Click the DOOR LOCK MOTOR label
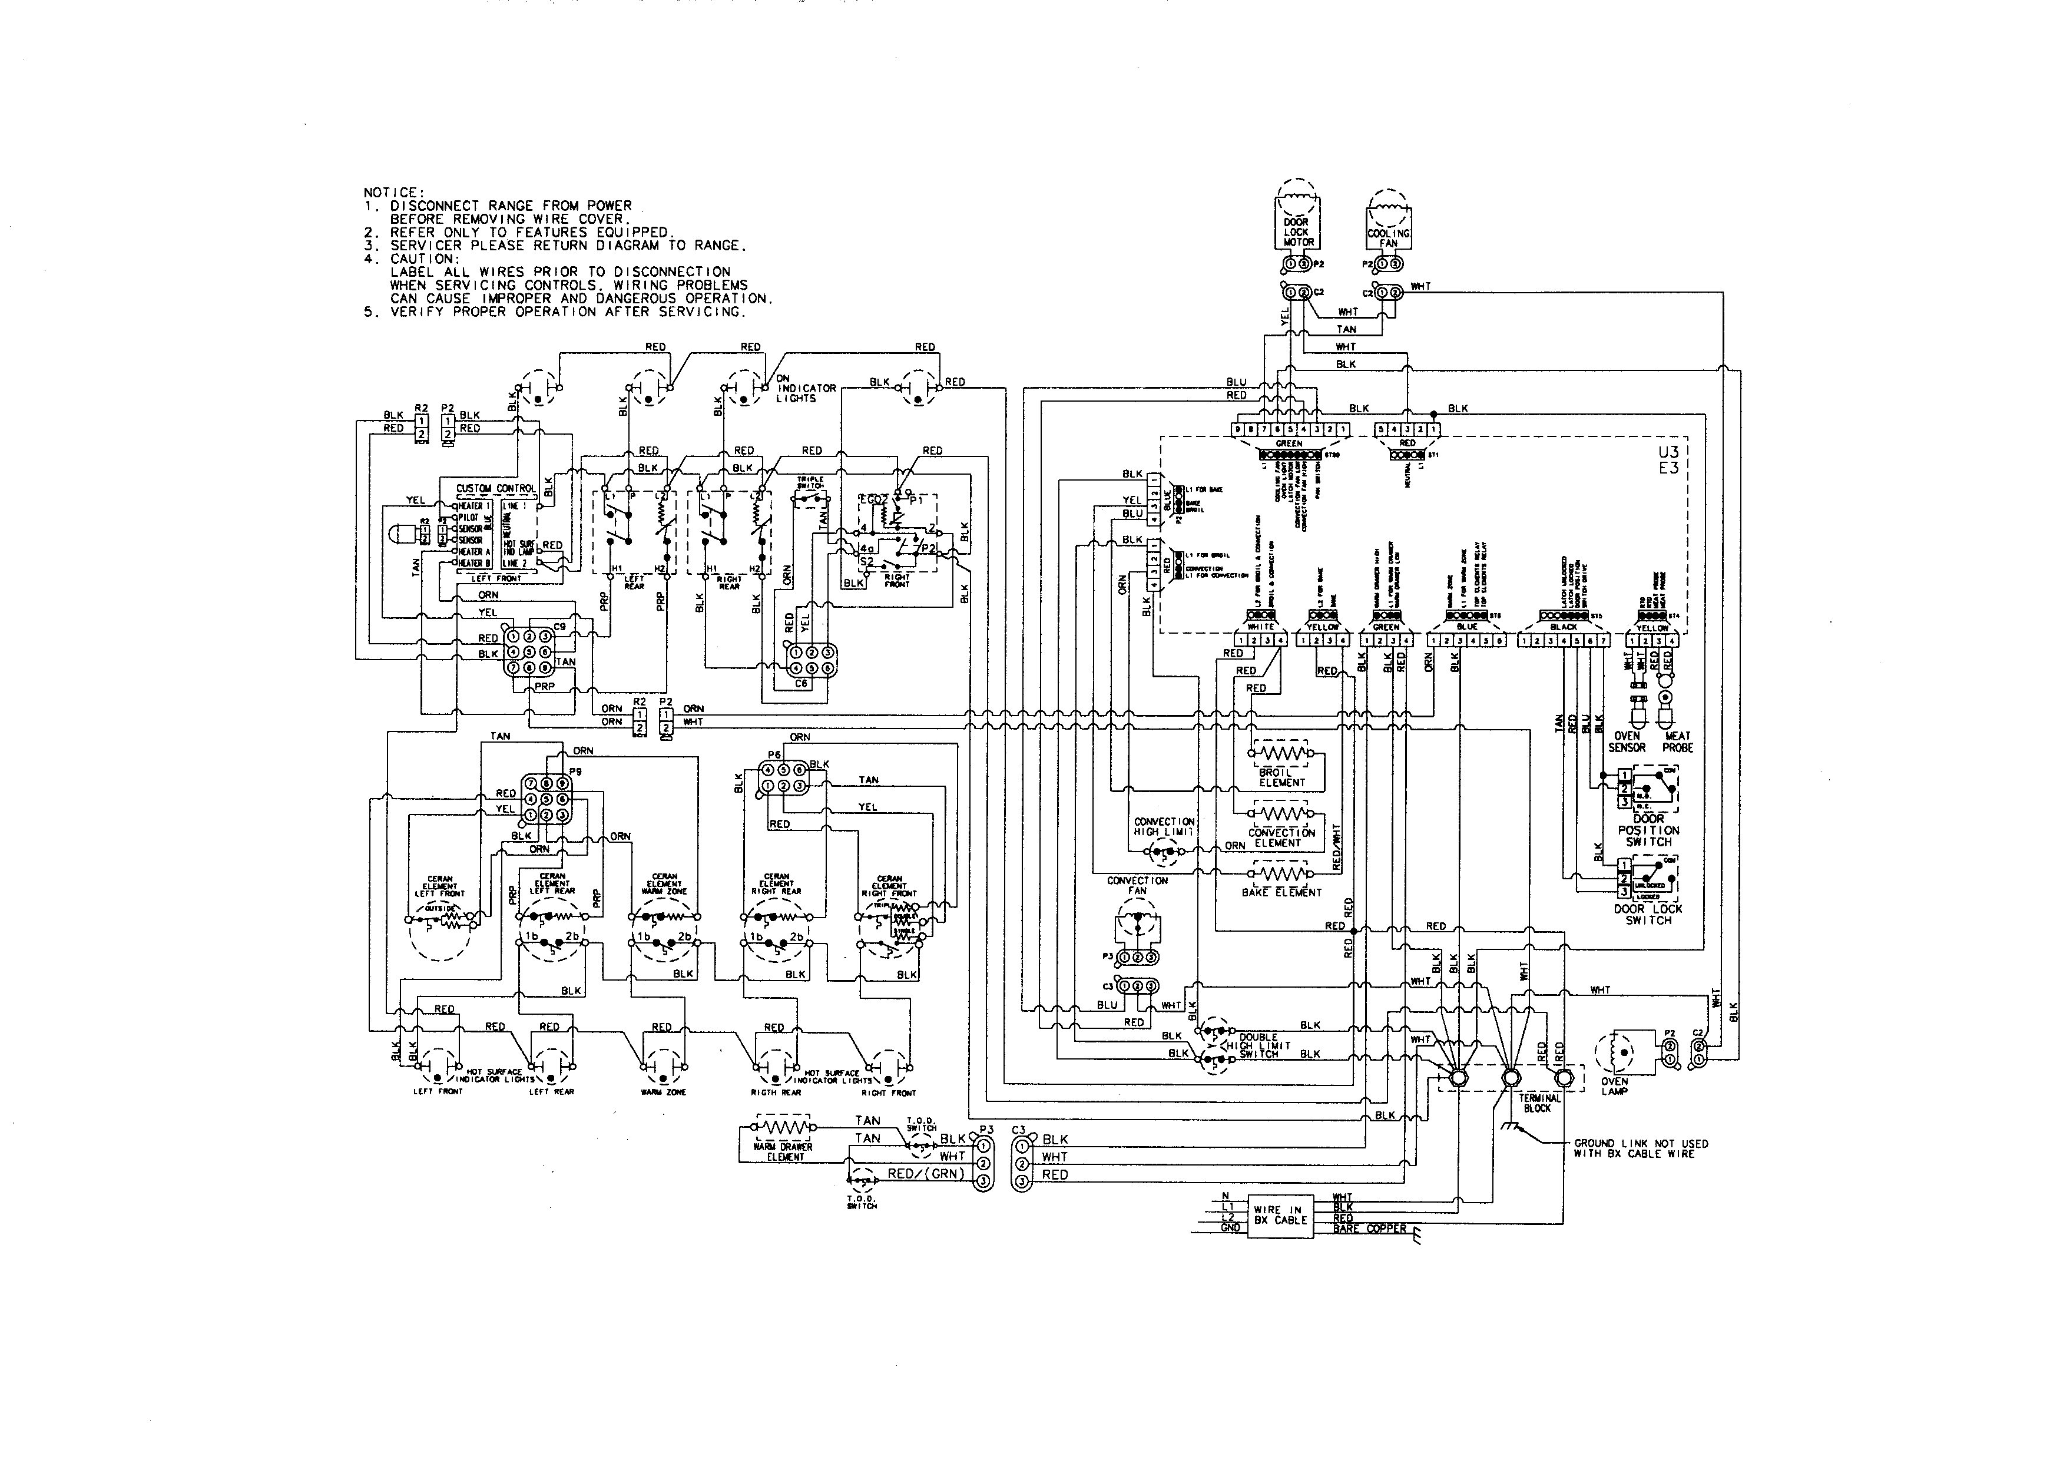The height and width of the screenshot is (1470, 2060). point(1297,231)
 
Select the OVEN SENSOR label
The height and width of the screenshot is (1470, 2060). point(1627,741)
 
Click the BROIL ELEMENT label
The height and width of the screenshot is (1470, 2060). point(1281,777)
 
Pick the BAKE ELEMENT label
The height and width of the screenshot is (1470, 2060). point(1281,892)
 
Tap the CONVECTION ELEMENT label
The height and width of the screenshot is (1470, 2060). point(1281,837)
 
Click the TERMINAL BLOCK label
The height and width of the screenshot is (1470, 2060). point(1539,1102)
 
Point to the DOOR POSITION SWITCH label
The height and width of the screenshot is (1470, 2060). point(1648,830)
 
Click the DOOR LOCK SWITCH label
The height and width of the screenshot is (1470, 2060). point(1648,914)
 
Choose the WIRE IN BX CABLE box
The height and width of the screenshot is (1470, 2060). point(1280,1215)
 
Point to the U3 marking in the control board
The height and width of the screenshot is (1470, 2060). point(1668,452)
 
